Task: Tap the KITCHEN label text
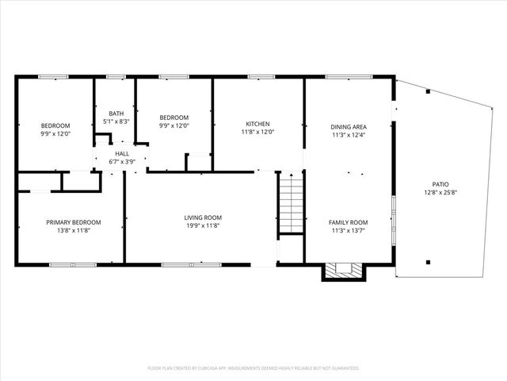click(257, 124)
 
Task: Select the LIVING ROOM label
click(203, 217)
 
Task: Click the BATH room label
click(116, 114)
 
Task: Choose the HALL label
click(122, 153)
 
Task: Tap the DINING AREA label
click(349, 126)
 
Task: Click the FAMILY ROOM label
click(349, 221)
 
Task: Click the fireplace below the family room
click(345, 271)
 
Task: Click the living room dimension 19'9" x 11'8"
click(203, 225)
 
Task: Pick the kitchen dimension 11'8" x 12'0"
click(257, 133)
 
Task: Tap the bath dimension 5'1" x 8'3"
click(116, 122)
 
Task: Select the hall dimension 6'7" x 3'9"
click(122, 162)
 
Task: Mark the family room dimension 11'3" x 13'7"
click(349, 230)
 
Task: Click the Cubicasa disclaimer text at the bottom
click(253, 368)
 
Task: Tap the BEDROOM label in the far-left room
click(55, 125)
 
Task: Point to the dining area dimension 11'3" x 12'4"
click(349, 135)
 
